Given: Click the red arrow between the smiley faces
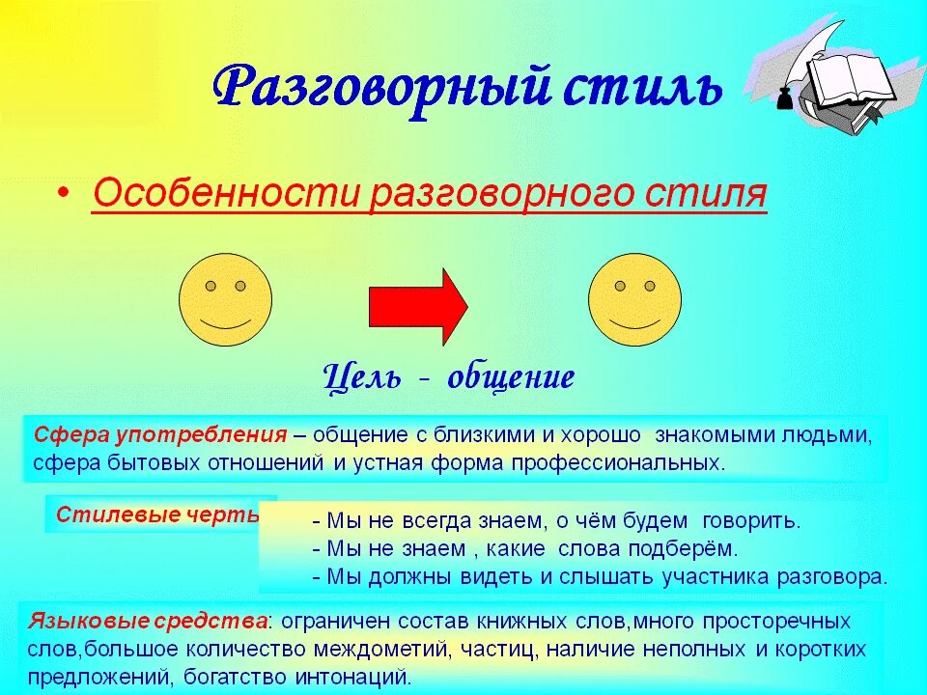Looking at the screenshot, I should pyautogui.click(x=418, y=306).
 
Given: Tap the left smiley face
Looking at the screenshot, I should pyautogui.click(x=225, y=298).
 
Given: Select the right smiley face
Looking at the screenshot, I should pyautogui.click(x=634, y=298).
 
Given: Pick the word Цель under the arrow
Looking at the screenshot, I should pyautogui.click(x=361, y=376).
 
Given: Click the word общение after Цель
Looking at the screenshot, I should pyautogui.click(x=511, y=376).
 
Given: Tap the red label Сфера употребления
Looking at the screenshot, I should pyautogui.click(x=160, y=434).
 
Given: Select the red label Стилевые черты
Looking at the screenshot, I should pyautogui.click(x=157, y=514).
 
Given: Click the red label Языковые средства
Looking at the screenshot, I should pyautogui.click(x=149, y=619).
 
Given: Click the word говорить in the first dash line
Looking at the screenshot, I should pyautogui.click(x=751, y=521).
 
